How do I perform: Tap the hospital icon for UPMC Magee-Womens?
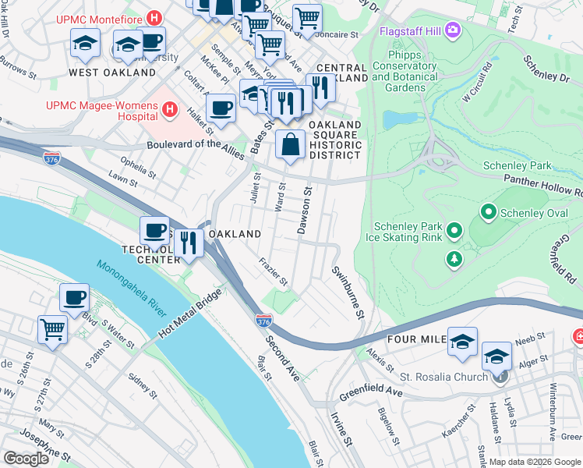170,111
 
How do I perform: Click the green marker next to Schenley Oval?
489,211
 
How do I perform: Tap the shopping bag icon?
290,145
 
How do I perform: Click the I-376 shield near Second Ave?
263,320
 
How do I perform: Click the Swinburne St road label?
348,292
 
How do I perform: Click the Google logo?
26,459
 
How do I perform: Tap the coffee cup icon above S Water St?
75,297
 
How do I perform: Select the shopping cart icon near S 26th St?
53,328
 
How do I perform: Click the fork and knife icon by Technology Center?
189,242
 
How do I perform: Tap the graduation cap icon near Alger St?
496,356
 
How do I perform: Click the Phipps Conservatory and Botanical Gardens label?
415,71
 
